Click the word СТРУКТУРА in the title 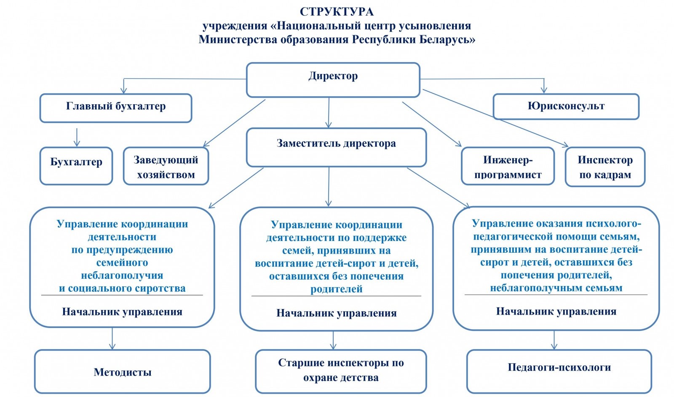coord(337,12)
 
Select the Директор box coord(333,79)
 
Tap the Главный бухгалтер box coord(116,108)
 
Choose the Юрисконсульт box coord(566,106)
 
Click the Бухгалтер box coord(76,165)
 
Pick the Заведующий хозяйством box coord(166,167)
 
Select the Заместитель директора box coord(336,147)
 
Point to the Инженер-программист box coord(508,167)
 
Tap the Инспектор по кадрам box coord(605,167)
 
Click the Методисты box coord(122,372)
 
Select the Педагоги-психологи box coord(559,371)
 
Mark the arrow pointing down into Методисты coord(112,339)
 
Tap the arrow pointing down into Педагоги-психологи coord(554,340)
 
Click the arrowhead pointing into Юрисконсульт coord(544,89)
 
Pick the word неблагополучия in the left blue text coord(122,275)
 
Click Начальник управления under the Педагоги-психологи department coord(556,312)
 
